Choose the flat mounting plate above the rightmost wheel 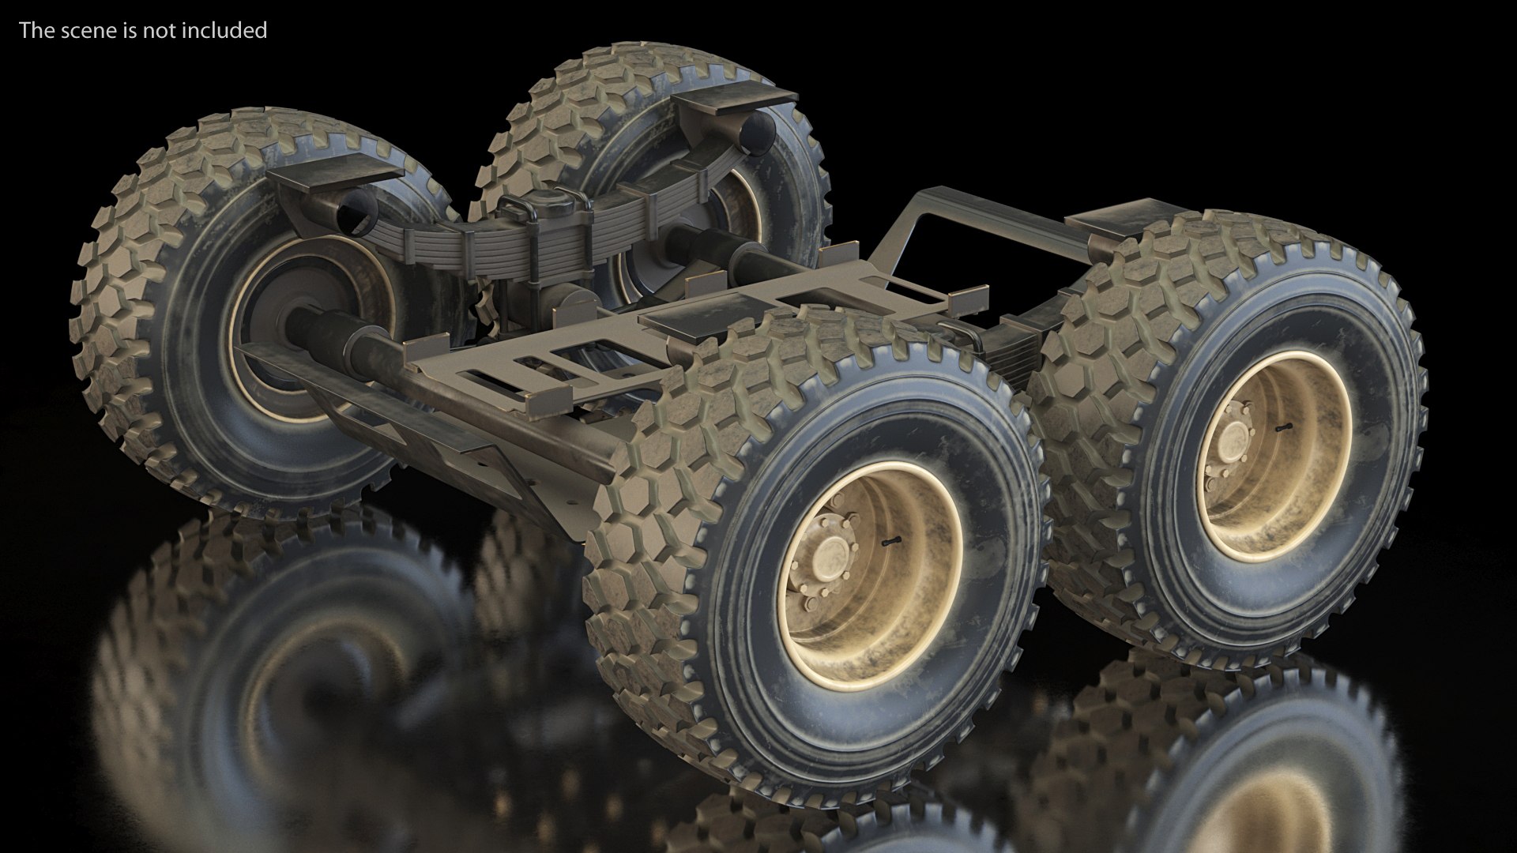(x=1106, y=225)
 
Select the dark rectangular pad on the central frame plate (x=679, y=316)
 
